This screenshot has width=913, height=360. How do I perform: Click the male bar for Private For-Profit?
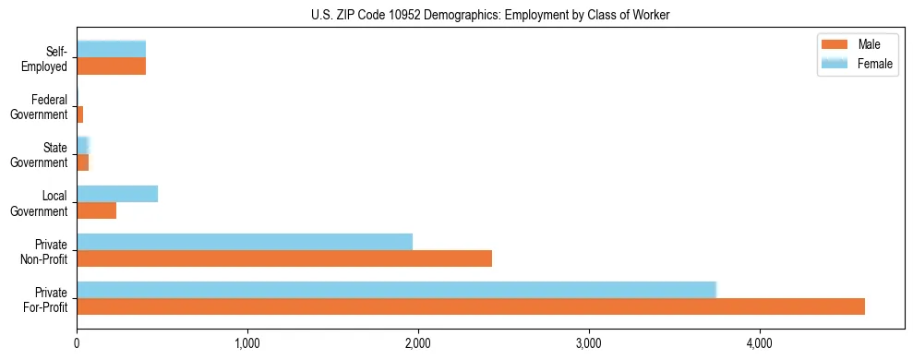point(471,306)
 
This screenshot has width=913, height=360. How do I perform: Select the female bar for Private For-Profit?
point(396,290)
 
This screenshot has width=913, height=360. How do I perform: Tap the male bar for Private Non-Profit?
point(284,258)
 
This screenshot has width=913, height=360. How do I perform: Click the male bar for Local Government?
point(96,210)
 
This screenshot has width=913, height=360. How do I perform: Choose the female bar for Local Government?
point(117,194)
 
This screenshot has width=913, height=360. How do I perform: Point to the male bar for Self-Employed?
point(111,66)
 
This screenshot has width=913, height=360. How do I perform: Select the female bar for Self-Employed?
point(111,49)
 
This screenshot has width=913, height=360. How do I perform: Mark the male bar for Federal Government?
point(80,114)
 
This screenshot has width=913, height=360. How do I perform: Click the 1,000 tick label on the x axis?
point(247,344)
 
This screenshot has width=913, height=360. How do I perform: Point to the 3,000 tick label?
point(589,344)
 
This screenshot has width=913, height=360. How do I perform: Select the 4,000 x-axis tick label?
point(760,344)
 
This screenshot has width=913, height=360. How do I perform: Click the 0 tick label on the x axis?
point(77,344)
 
